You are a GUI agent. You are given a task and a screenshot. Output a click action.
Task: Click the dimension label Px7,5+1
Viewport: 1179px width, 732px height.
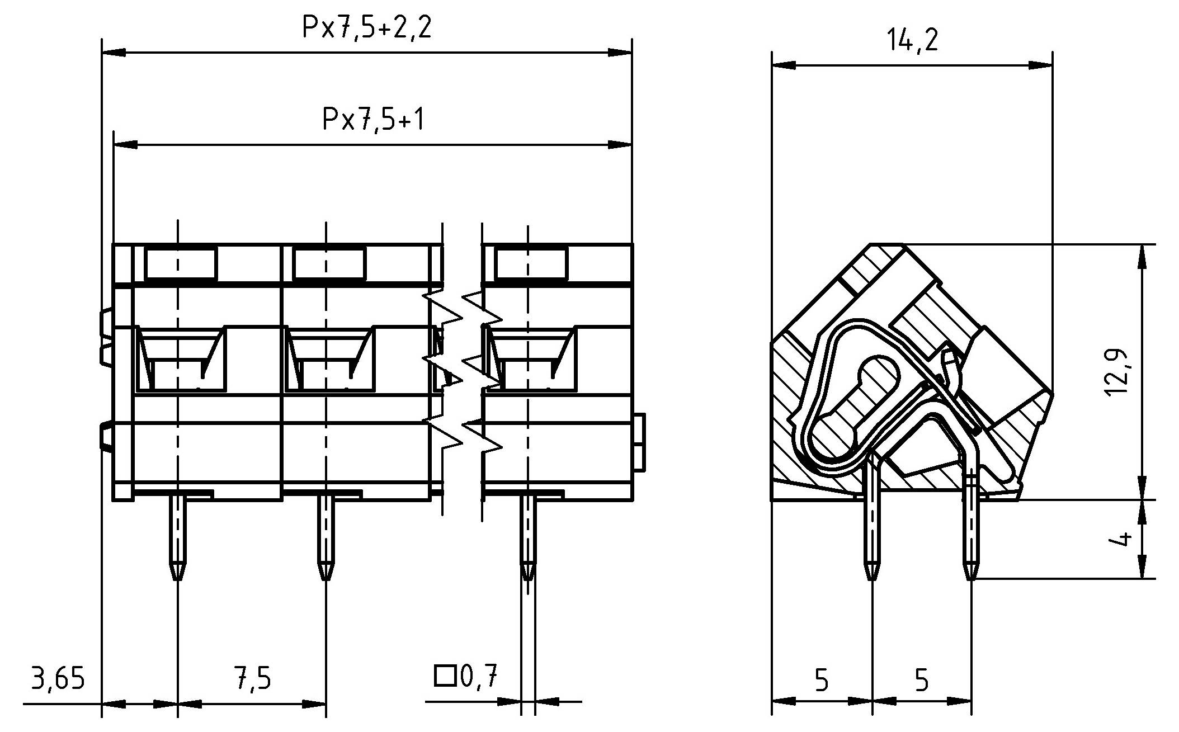click(373, 119)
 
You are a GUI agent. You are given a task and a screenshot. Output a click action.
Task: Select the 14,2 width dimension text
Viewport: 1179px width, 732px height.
click(912, 41)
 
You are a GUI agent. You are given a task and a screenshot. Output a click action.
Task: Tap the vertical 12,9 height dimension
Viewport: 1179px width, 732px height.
click(1116, 373)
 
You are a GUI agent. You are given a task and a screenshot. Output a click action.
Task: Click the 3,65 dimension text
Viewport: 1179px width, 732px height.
click(58, 679)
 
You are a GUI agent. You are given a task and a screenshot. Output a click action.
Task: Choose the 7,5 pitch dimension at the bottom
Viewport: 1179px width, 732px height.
click(252, 679)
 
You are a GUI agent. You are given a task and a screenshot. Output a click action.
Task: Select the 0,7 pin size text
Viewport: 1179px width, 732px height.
click(478, 677)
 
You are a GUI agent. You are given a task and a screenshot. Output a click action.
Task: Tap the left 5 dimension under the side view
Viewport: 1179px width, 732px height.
click(821, 681)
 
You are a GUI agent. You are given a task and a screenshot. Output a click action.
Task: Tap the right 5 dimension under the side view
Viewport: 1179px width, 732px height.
click(921, 681)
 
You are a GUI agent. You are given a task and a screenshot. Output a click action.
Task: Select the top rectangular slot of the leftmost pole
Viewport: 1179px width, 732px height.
click(180, 264)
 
